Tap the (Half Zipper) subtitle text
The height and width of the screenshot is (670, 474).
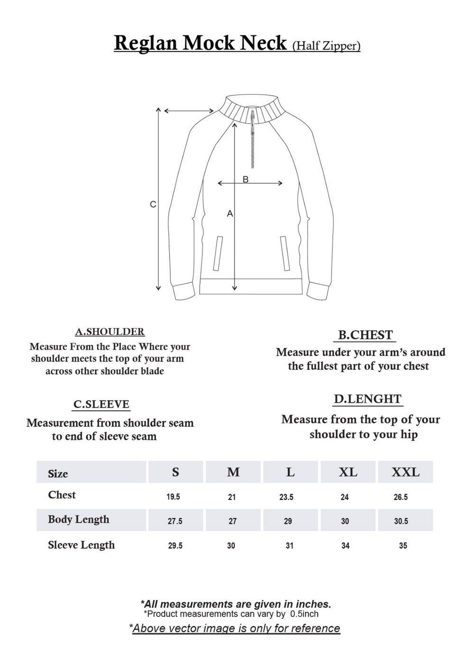327,45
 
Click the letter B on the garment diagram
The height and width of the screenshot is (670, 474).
246,179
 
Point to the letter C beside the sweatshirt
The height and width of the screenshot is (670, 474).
153,205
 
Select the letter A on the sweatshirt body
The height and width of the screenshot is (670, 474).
230,214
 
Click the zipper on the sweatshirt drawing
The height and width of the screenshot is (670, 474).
253,140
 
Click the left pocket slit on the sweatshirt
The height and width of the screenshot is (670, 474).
218,253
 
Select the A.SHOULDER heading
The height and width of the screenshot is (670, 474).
109,332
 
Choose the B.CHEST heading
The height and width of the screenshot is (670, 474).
365,335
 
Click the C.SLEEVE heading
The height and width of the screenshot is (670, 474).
101,404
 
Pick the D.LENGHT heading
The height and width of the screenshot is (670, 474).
367,399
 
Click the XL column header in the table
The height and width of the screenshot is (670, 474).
348,472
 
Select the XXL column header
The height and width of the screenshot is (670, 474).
405,472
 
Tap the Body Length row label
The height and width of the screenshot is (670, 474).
78,519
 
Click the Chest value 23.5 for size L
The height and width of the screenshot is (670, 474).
286,497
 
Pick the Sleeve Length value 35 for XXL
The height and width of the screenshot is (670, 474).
403,545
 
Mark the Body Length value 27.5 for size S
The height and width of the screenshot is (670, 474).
175,521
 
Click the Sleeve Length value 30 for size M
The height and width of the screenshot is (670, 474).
231,545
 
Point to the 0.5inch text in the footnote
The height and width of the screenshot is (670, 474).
304,614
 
